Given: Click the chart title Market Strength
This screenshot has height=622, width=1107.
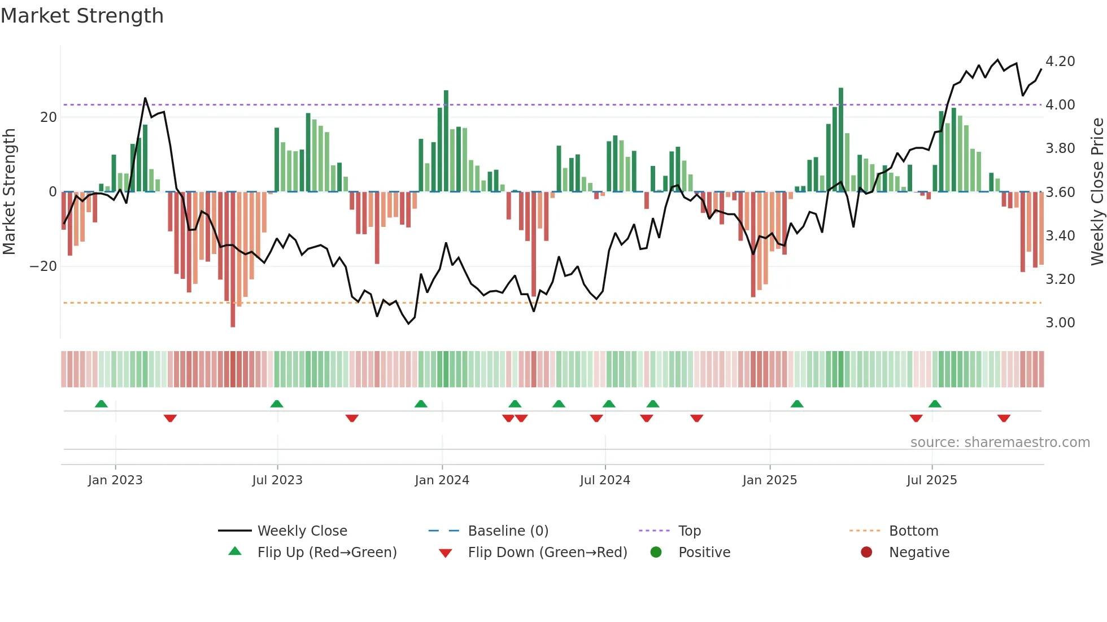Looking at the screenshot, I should coord(82,16).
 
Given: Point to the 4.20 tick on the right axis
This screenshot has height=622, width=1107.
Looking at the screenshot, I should coord(1060,62).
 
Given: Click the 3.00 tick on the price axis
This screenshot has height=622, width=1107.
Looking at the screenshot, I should coord(1060,323).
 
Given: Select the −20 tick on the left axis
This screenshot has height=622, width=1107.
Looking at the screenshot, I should coord(43,266).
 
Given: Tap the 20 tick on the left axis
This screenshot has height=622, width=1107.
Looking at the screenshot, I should coord(49,117).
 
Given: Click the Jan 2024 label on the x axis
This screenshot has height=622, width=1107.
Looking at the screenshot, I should coord(442,480).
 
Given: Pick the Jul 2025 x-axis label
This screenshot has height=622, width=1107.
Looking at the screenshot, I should coord(931,480).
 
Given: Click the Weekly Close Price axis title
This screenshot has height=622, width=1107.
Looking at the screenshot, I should coord(1097,192).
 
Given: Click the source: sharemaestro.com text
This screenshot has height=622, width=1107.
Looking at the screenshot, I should coord(1000,443).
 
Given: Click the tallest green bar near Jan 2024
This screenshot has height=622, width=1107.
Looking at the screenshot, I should coord(446,141).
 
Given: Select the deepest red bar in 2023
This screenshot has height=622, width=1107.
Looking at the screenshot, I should coord(233,260).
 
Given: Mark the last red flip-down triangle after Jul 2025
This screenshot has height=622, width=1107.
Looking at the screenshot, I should coord(1004,418).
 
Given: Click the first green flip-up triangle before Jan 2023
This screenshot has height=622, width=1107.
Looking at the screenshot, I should coord(101,404).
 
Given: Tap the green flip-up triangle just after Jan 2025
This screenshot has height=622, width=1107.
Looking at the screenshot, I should coord(797,404).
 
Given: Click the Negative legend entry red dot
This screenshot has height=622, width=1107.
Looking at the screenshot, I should coord(866,553).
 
